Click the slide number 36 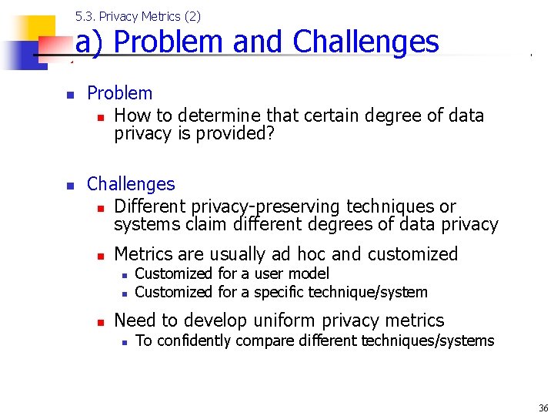pyautogui.click(x=543, y=408)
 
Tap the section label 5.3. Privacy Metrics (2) pyautogui.click(x=138, y=16)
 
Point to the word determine pyautogui.click(x=216, y=116)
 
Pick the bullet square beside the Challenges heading pyautogui.click(x=69, y=186)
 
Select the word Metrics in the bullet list pyautogui.click(x=143, y=254)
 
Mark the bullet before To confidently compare pyautogui.click(x=123, y=341)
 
